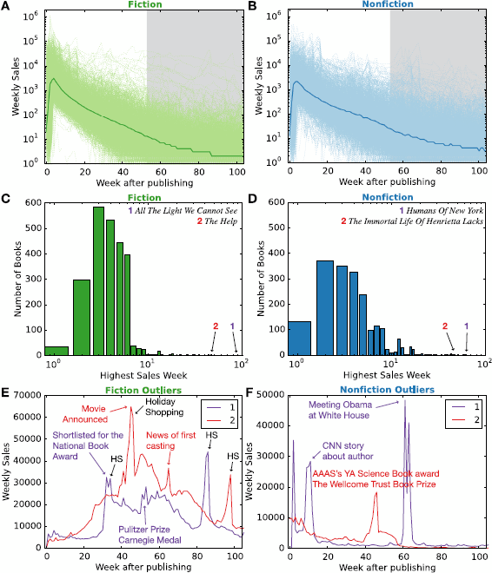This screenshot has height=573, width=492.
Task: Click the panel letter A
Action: click(x=6, y=7)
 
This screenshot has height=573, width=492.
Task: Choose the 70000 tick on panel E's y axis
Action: click(x=26, y=393)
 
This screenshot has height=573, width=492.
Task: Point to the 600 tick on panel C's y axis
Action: click(x=32, y=203)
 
